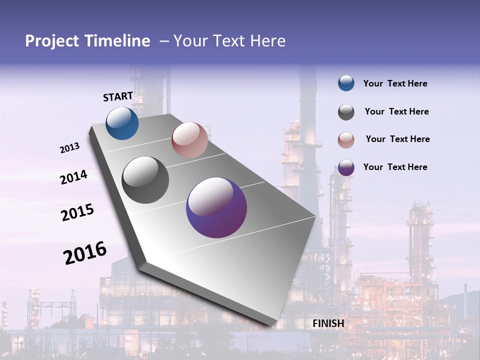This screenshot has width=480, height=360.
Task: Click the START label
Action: tap(118, 96)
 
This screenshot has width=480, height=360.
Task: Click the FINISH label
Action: tap(328, 323)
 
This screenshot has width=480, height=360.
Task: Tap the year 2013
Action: tap(69, 148)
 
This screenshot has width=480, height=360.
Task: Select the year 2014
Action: tap(73, 177)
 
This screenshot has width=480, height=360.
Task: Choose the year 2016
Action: tap(85, 252)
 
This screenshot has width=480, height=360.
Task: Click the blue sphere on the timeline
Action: tap(122, 123)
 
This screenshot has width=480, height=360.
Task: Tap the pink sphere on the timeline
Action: tap(189, 140)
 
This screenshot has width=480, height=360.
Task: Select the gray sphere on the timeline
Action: tap(145, 179)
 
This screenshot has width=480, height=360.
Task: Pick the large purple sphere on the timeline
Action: tap(216, 207)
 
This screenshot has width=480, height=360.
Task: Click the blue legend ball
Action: tap(346, 83)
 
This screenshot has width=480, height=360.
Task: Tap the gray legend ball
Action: tap(346, 112)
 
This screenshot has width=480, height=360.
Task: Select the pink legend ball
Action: tap(346, 140)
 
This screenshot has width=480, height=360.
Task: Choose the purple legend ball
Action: tap(346, 167)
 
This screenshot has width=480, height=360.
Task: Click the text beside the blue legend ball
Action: tap(395, 83)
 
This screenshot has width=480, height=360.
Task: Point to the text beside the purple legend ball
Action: tap(395, 167)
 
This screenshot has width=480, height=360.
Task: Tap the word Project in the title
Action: tap(51, 41)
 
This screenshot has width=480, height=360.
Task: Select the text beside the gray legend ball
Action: tap(396, 111)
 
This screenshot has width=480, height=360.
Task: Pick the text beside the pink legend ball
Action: tap(397, 139)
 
